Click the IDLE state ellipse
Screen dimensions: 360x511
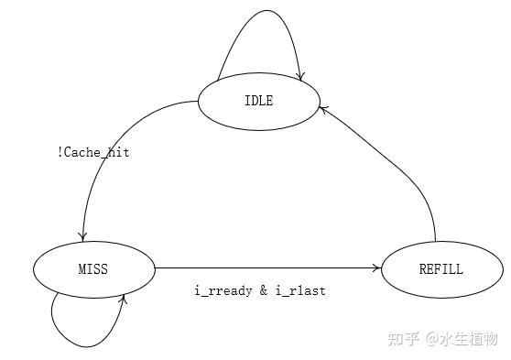pos(259,101)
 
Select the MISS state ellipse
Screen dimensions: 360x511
pos(94,269)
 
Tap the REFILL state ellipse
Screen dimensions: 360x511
pos(441,269)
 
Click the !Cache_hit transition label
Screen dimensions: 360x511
pos(93,152)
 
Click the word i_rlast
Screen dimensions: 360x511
pos(300,290)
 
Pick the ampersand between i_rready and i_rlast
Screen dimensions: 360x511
pos(263,290)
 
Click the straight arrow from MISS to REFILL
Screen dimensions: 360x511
pos(266,268)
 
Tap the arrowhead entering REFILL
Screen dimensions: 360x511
pos(376,268)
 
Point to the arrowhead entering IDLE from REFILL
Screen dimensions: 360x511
pos(322,108)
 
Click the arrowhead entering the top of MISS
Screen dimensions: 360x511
pos(84,236)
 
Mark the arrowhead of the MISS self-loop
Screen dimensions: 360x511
pos(122,299)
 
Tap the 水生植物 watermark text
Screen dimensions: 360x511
pos(474,339)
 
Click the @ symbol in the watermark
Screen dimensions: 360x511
pos(436,339)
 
